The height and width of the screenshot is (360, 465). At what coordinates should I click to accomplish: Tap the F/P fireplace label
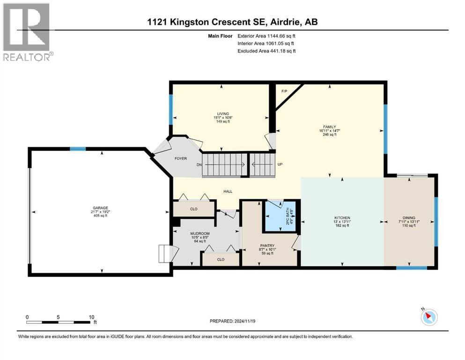tap(284, 91)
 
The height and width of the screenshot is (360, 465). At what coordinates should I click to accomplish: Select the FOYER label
tap(180, 158)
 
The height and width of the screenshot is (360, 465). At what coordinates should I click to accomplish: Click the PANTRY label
tap(267, 245)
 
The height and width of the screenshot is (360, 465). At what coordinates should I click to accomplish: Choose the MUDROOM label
tap(199, 233)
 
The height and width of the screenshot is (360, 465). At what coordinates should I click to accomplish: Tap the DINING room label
tap(409, 218)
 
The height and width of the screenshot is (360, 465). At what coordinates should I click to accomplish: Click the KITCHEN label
tap(342, 218)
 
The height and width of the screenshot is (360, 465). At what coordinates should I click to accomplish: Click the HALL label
tap(228, 191)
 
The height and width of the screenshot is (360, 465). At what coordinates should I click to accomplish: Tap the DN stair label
tap(199, 165)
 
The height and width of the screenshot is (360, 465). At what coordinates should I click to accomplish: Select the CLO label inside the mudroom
tap(221, 259)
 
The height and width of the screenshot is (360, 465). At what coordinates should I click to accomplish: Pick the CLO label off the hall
tap(193, 209)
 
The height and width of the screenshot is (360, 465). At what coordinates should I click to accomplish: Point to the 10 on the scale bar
tap(92, 317)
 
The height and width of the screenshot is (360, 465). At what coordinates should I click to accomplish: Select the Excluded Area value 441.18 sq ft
tap(279, 51)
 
